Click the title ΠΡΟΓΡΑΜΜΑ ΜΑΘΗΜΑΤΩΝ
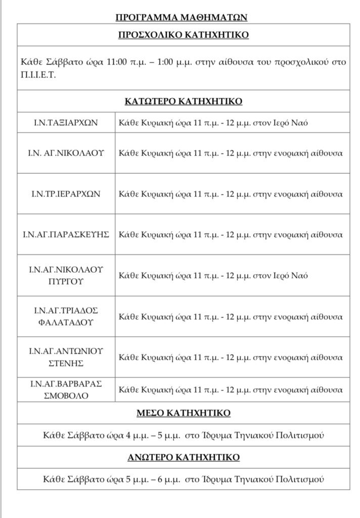point(182,17)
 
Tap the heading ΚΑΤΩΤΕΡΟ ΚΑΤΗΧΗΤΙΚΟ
point(183,101)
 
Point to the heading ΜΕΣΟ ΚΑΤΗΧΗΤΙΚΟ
point(183,413)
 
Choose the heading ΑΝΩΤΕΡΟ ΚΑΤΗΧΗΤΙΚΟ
point(183,457)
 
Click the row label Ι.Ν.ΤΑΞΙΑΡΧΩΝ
point(66,122)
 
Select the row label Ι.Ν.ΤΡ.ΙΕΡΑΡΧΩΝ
point(66,194)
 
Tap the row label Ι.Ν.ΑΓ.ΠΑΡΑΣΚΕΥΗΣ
point(66,235)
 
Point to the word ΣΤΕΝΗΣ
point(66,363)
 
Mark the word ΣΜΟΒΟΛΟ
point(66,395)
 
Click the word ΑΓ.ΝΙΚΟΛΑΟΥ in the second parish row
point(75,153)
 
